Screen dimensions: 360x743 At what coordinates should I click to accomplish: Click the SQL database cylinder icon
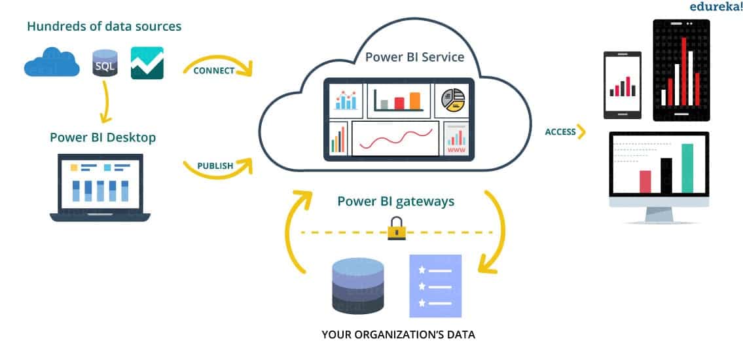tap(105, 63)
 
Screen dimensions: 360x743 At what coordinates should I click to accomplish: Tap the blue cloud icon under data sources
tap(52, 64)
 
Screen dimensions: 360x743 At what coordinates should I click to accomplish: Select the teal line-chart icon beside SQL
tap(147, 63)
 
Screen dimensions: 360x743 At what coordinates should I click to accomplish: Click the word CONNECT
tap(213, 71)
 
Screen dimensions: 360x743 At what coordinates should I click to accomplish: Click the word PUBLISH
tap(215, 166)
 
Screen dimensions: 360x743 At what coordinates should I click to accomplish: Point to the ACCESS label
tap(560, 132)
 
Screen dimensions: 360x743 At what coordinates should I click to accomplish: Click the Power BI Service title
tap(414, 56)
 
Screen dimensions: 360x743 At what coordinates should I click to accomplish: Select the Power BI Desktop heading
tap(103, 137)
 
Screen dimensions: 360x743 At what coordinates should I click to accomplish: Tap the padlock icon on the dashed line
tap(397, 228)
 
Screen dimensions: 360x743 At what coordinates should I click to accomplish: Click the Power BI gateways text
tap(395, 201)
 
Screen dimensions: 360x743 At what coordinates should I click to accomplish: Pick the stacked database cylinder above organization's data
tap(357, 286)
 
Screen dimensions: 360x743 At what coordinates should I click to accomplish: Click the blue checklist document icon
tap(435, 286)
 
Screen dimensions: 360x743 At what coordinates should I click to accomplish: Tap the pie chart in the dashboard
tap(453, 100)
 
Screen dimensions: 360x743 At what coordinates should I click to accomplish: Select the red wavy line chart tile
tap(395, 138)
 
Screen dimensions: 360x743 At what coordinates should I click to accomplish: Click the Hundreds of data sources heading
tap(104, 27)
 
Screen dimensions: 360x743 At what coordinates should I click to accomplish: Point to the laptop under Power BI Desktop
tap(100, 187)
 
